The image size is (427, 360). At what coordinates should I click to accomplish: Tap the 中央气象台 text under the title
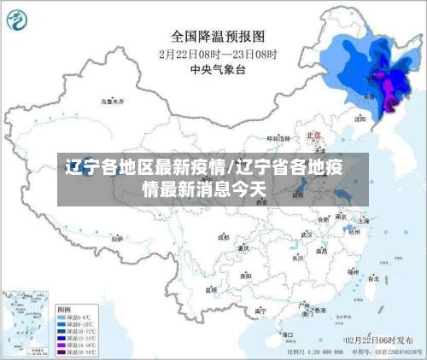click(x=218, y=68)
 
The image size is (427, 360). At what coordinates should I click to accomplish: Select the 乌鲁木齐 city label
click(x=112, y=102)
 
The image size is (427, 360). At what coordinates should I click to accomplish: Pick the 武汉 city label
click(x=322, y=229)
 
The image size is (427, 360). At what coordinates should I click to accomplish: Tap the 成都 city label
click(x=224, y=237)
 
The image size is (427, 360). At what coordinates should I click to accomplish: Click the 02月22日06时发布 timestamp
click(x=372, y=340)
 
